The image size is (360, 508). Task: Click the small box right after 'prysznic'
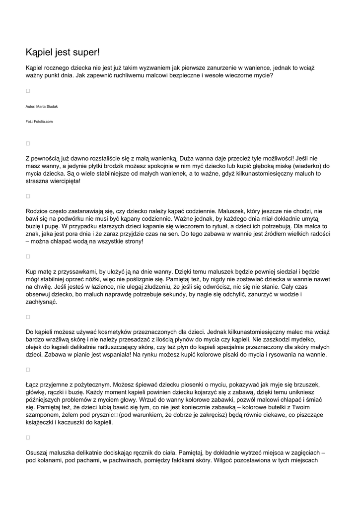tap(116, 415)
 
